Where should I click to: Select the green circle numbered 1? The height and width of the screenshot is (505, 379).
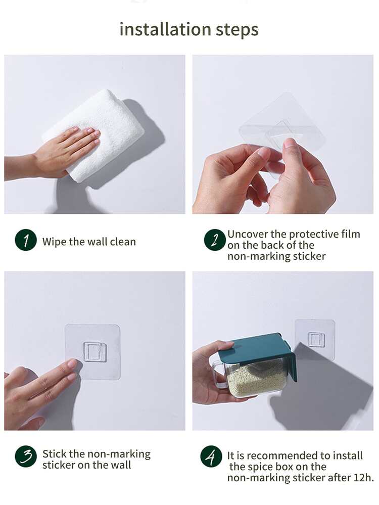pos(26,240)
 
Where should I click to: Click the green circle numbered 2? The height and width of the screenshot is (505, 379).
pos(215,240)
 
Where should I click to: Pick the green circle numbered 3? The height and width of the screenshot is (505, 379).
pos(26,456)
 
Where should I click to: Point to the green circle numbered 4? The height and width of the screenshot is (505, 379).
pos(211,456)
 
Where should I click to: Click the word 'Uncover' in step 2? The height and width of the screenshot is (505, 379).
pos(247,234)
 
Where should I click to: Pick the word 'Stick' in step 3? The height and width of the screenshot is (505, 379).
pos(55,454)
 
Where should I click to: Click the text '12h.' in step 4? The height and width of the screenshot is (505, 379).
pos(363,477)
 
